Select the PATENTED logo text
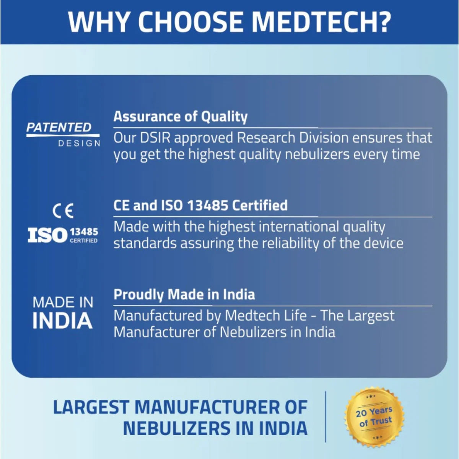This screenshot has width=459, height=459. pos(59,128)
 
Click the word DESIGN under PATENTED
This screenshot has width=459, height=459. pos(79,143)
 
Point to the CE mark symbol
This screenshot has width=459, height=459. pos(63,211)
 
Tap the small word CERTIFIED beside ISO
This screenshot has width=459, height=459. pos(83,241)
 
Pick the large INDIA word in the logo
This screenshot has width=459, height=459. pos(62,321)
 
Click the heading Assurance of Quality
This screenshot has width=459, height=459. pos(181,116)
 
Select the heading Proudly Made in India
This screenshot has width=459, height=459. pos(184,295)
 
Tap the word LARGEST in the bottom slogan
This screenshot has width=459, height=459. pos(91,407)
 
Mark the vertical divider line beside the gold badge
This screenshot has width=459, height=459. pos(326,417)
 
